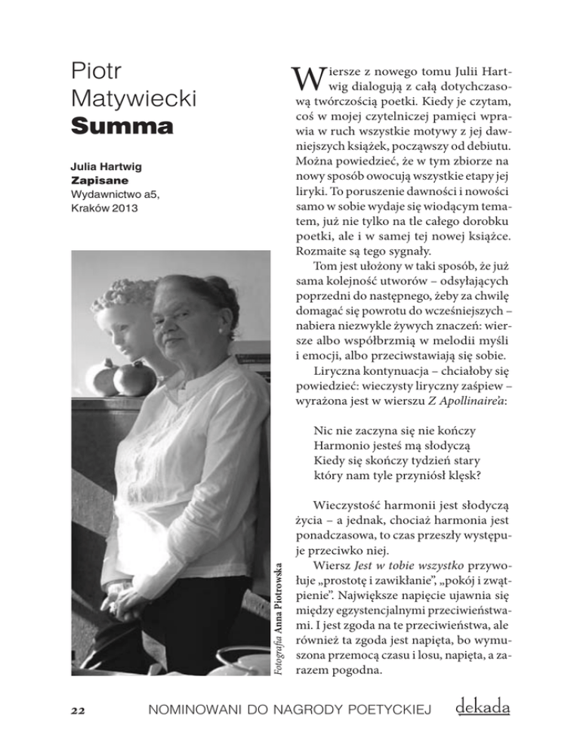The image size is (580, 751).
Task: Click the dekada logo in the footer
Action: tap(483, 707)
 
